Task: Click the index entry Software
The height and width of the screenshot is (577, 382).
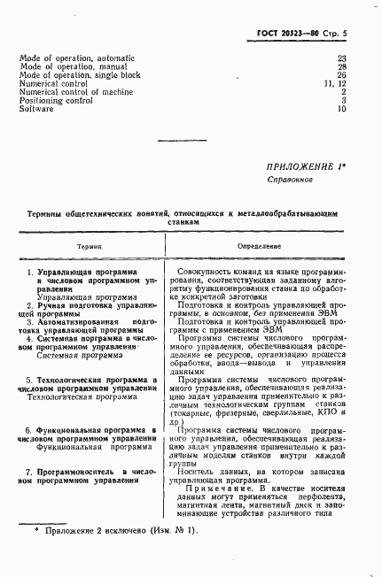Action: [35, 109]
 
